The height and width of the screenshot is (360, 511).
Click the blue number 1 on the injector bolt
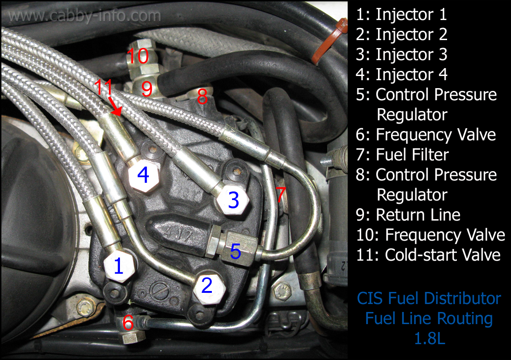119,266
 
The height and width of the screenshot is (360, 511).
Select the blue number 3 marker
233,201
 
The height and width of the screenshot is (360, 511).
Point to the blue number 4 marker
143,176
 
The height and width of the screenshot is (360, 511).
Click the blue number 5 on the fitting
236,252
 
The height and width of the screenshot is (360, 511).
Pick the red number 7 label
280,195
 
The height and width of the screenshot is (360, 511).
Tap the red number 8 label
202,97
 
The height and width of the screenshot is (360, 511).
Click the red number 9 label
147,89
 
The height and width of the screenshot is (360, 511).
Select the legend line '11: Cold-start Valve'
428,255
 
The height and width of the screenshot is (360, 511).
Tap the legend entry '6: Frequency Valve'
426,135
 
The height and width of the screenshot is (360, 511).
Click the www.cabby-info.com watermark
84,16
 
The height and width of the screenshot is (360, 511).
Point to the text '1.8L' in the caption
429,338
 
